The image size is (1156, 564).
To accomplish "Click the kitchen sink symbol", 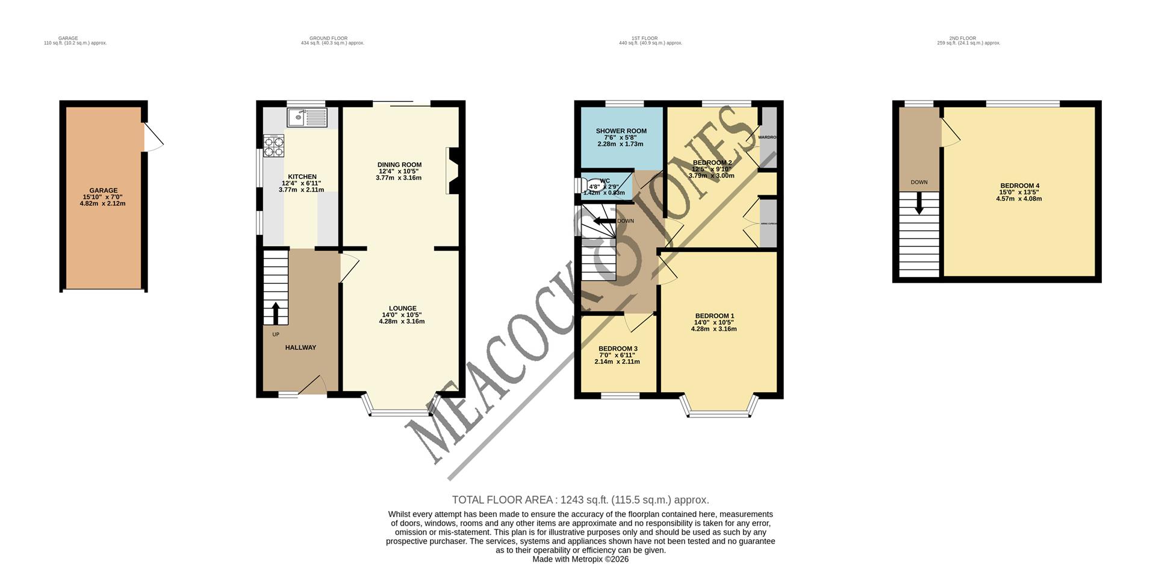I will pos(307,118).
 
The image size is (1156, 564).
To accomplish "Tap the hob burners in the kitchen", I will pos(274,147).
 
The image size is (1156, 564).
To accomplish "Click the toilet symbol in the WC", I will pos(593,186).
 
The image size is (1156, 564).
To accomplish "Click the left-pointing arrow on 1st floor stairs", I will pos(601,221).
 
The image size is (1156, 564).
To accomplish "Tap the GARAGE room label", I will pos(104,190).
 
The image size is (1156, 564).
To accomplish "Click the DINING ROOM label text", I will pos(399,164).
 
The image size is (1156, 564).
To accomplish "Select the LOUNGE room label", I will pos(402,309).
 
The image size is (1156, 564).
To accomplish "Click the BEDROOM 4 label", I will pos(1019,186).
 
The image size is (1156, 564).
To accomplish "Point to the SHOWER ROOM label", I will pos(621,131).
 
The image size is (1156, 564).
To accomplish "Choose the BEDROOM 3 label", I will pos(618,349).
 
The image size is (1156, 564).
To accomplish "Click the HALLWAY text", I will pos(300,348).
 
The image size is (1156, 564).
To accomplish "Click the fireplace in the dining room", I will pos(453,171).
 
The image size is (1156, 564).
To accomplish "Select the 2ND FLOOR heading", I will pos(968,38).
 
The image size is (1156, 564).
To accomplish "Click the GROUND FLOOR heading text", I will pos(332,38).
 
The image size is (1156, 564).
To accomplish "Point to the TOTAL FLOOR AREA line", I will pos(580,500).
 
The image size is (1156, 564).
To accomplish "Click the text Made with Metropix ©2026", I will pos(580,559).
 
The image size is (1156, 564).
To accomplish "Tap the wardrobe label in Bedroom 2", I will pos(766,137).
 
